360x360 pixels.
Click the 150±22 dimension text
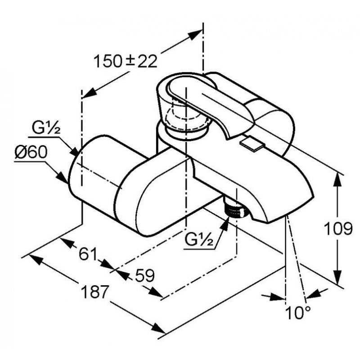point(126,61)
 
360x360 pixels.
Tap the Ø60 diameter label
point(31,153)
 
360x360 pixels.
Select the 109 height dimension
point(338,229)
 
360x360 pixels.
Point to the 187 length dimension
point(94,292)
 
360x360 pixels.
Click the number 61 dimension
point(88,254)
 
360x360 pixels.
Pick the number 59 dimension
point(144,275)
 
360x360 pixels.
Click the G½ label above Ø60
point(46,129)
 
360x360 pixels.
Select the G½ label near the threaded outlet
point(199,240)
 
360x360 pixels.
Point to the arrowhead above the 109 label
point(337,180)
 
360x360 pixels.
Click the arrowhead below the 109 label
point(337,277)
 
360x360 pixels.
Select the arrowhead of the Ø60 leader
point(63,178)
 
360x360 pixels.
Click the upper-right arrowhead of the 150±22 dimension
point(195,35)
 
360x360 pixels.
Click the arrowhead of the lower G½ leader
point(225,222)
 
